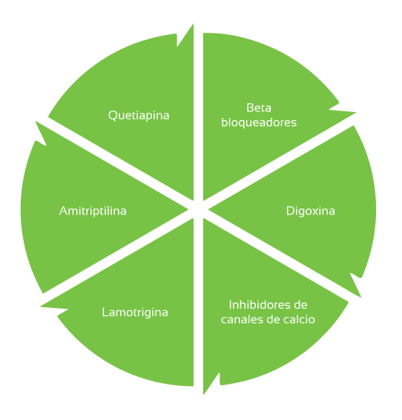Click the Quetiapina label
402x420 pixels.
(x=139, y=116)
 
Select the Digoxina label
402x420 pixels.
(x=311, y=211)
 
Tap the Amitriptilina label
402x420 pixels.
(x=93, y=211)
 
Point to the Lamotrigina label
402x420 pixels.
(x=135, y=312)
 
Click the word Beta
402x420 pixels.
(x=259, y=108)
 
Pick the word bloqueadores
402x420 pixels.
(x=259, y=122)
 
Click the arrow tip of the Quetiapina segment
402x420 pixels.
(x=193, y=24)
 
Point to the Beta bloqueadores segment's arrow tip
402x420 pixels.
(x=356, y=113)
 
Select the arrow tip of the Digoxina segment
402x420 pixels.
(x=360, y=297)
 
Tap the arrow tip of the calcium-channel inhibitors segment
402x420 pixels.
(x=204, y=394)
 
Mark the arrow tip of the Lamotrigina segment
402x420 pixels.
(x=41, y=306)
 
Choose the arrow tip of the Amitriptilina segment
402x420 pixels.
(x=36, y=122)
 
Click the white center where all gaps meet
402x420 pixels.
(x=198, y=209)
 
